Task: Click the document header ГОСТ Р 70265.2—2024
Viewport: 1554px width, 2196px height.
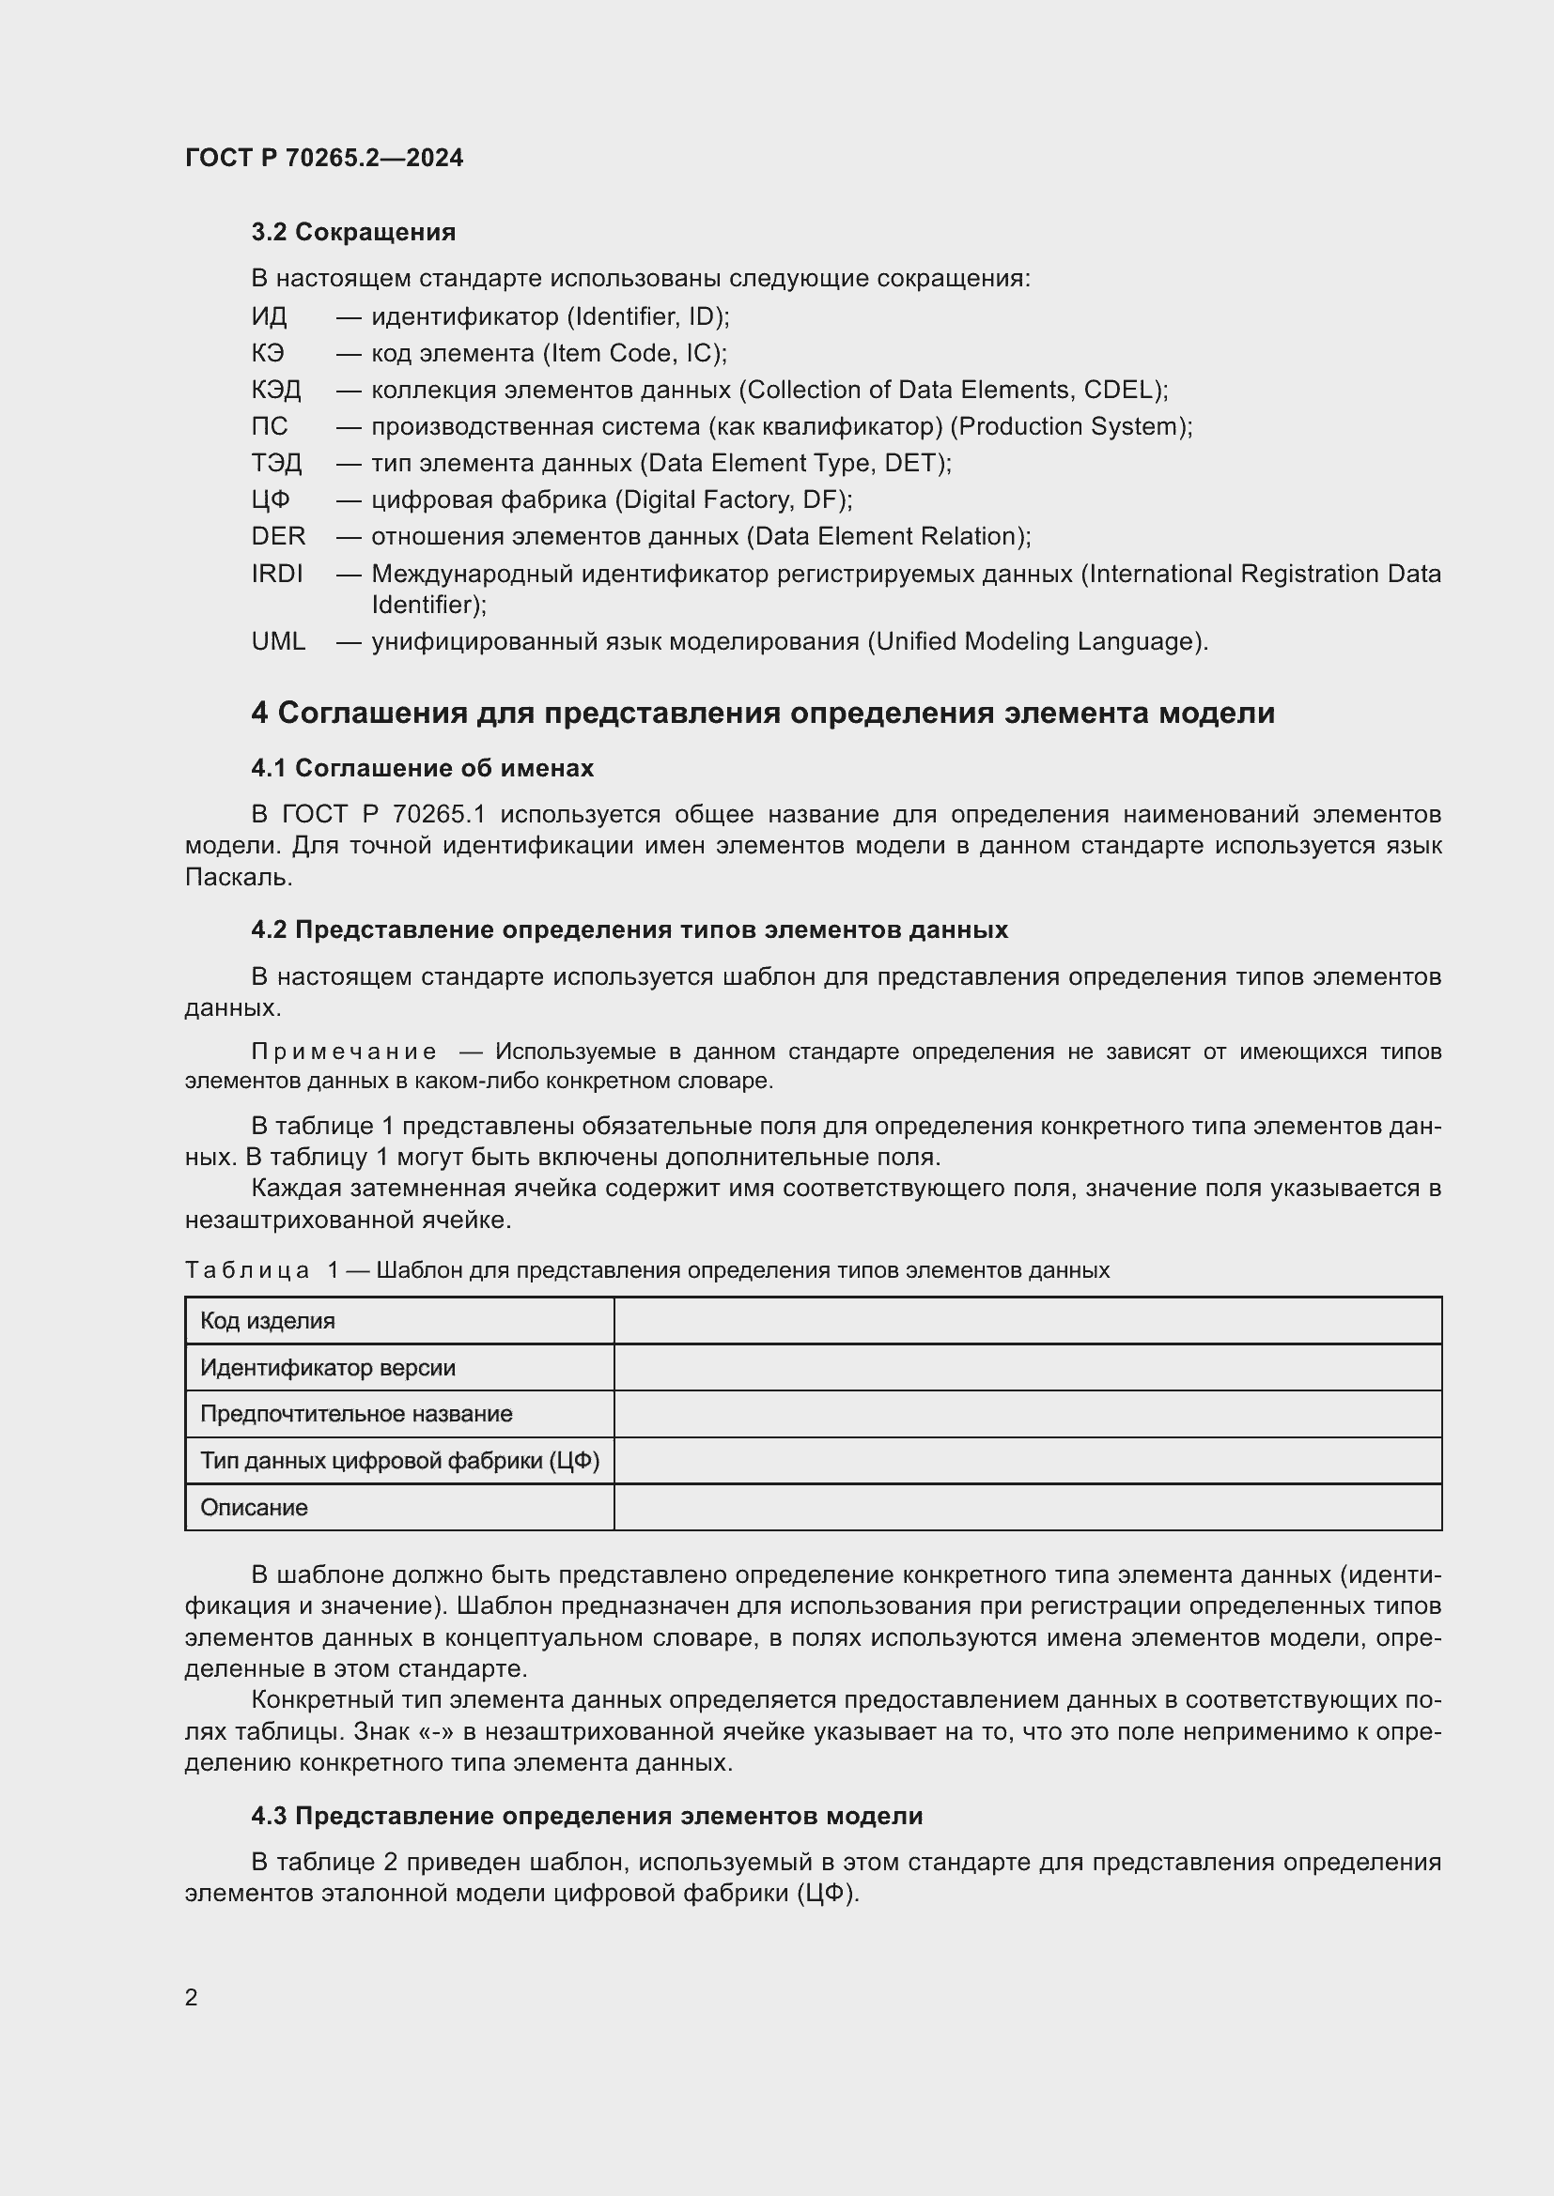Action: (x=323, y=158)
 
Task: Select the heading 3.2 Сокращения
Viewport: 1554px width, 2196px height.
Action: (x=353, y=232)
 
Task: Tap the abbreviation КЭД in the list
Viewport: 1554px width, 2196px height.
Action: (x=275, y=391)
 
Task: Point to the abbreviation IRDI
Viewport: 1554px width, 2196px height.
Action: (x=276, y=574)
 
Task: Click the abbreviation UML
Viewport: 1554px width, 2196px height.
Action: (x=277, y=642)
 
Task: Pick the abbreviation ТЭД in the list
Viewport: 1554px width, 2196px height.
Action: (x=275, y=464)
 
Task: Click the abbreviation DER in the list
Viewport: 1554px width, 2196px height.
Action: (x=277, y=537)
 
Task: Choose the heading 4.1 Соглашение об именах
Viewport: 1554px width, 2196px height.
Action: (x=422, y=768)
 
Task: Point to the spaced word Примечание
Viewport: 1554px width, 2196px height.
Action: (x=344, y=1052)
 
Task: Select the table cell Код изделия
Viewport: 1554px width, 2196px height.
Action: (x=267, y=1321)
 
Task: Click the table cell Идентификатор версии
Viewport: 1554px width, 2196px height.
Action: (x=327, y=1368)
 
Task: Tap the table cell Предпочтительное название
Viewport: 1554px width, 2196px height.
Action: (x=356, y=1414)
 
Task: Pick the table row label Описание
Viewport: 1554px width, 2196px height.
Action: (x=254, y=1508)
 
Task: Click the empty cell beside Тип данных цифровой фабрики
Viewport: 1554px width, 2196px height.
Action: (x=1027, y=1461)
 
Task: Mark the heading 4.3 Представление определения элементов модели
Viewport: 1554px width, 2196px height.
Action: (x=586, y=1817)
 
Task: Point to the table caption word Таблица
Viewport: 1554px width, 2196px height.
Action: (x=247, y=1270)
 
